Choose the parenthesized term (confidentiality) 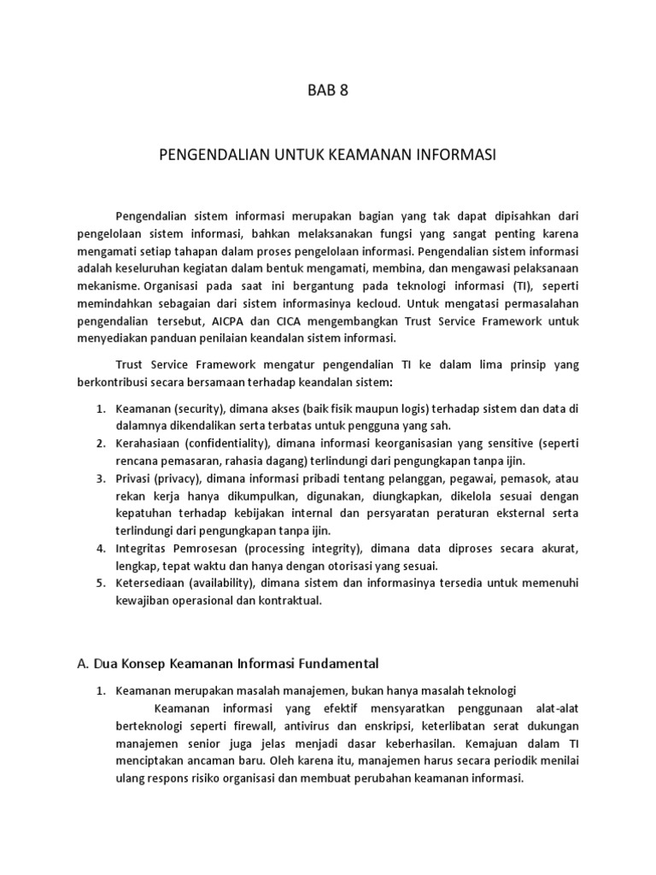click(230, 443)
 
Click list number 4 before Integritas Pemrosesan click(100, 549)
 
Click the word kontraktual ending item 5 click(293, 601)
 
